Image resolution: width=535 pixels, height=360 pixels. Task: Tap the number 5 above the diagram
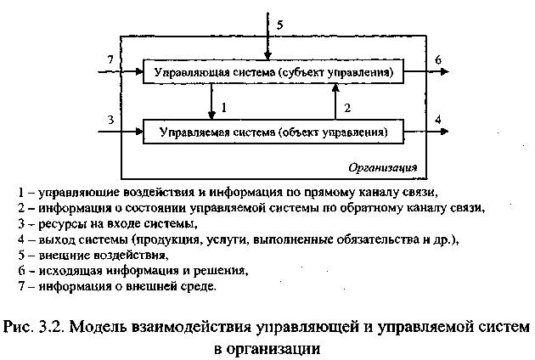tap(280, 25)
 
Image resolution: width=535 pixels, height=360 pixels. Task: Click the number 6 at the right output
tap(437, 59)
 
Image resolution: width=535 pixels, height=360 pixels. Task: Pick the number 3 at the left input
tap(110, 119)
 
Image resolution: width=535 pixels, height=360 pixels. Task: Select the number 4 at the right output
tap(437, 119)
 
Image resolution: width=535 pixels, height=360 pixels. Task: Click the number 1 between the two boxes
tap(223, 107)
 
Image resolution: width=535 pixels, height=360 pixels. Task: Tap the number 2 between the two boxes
tap(346, 107)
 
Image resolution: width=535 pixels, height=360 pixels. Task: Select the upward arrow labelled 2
tap(335, 102)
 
